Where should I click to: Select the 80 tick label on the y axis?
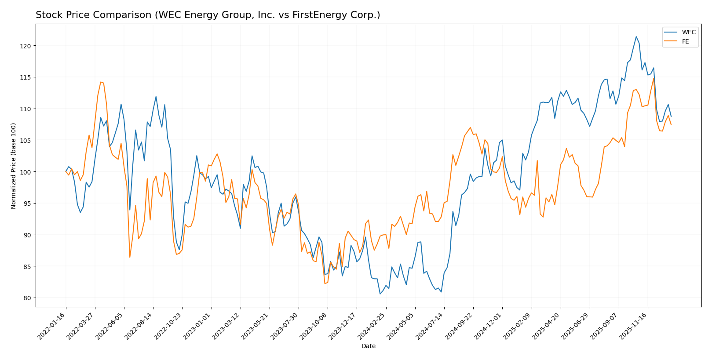pyautogui.click(x=27, y=298)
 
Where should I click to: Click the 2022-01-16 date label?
pyautogui.click(x=52, y=326)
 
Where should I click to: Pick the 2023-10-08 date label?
pyautogui.click(x=314, y=326)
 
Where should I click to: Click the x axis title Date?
pyautogui.click(x=368, y=346)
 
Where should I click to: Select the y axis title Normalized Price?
pyautogui.click(x=14, y=166)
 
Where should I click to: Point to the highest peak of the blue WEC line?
pyautogui.click(x=636, y=36)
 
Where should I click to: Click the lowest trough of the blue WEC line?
pyautogui.click(x=380, y=294)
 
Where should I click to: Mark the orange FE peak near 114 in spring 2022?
pyautogui.click(x=101, y=82)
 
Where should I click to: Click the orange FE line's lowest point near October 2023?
pyautogui.click(x=325, y=284)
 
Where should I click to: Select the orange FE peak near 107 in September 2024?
pyautogui.click(x=470, y=127)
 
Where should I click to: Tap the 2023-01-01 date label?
pyautogui.click(x=197, y=326)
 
